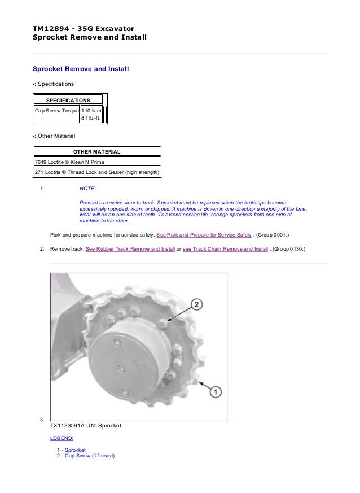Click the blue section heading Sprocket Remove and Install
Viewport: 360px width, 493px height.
(x=81, y=69)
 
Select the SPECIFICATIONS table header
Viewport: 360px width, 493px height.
(x=68, y=100)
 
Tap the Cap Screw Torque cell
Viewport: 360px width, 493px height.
(x=56, y=110)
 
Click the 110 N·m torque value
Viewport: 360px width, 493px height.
(x=93, y=110)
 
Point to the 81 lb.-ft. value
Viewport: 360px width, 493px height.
(x=92, y=119)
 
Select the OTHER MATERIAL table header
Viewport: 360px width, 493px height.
(x=97, y=151)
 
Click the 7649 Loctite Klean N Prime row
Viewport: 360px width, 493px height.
(x=70, y=162)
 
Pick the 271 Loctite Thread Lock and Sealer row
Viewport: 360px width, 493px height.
(x=97, y=172)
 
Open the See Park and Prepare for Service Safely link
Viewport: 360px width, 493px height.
(x=203, y=234)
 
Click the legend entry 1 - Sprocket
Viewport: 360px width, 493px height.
(x=71, y=450)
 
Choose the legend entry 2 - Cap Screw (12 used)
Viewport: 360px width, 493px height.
(x=85, y=456)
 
